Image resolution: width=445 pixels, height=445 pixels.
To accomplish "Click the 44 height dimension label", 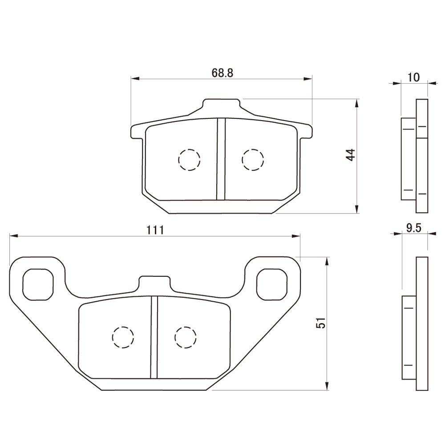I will (x=351, y=155).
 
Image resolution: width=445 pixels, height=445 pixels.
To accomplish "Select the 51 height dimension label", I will (x=321, y=324).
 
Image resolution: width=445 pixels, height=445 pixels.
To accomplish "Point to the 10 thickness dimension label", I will (x=413, y=77).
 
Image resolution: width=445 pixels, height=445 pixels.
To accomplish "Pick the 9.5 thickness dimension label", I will (x=413, y=228).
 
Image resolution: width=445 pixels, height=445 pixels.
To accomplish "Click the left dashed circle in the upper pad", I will (x=189, y=159).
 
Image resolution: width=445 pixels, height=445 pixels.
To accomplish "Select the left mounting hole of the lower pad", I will (x=38, y=284).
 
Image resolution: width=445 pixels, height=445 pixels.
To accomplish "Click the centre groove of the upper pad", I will (x=221, y=159).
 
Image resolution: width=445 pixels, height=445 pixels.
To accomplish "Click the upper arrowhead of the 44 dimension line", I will (x=356, y=103).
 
